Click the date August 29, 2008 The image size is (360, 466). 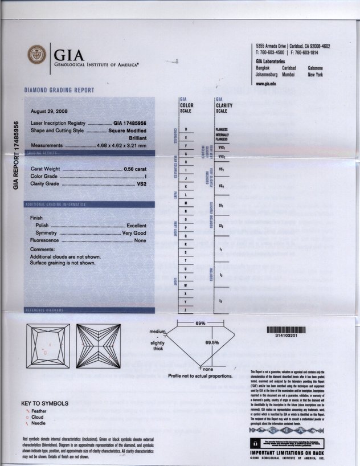(x=49, y=111)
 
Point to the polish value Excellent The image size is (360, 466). (x=137, y=226)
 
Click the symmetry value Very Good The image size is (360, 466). (x=134, y=234)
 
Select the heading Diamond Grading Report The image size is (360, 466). (x=59, y=90)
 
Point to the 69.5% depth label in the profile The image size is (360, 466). (x=212, y=342)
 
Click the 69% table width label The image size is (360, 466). (x=201, y=323)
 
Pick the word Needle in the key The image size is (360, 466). (x=39, y=424)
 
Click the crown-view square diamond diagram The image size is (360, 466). (x=48, y=344)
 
